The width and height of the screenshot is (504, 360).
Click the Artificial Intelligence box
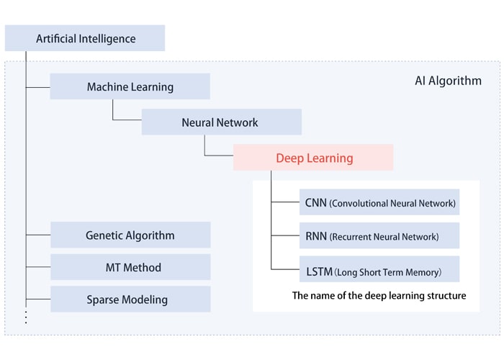click(x=85, y=38)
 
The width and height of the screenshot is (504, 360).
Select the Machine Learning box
click(x=130, y=87)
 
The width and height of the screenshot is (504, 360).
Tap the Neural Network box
click(x=221, y=123)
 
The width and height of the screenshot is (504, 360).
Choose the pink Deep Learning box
click(x=313, y=158)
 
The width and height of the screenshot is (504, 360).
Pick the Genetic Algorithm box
click(x=130, y=235)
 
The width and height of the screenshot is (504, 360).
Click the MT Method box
click(x=130, y=267)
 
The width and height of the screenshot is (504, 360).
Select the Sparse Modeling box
click(x=130, y=300)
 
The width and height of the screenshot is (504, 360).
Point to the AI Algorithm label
click(x=448, y=81)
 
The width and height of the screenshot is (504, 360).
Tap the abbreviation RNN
click(x=316, y=235)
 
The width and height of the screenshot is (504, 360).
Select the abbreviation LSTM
click(x=319, y=271)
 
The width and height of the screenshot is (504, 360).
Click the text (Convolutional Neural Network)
click(x=392, y=204)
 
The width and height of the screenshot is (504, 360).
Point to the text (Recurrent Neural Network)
click(x=384, y=236)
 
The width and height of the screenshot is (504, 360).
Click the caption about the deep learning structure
click(x=379, y=295)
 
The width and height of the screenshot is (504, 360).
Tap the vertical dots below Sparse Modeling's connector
click(x=26, y=317)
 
